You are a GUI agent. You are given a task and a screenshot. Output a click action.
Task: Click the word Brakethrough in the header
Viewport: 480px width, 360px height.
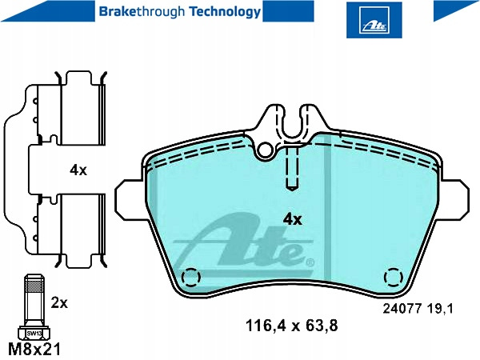click(142, 12)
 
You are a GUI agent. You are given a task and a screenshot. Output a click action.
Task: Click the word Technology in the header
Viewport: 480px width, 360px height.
click(225, 12)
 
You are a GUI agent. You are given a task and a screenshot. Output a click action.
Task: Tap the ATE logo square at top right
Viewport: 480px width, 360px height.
click(374, 20)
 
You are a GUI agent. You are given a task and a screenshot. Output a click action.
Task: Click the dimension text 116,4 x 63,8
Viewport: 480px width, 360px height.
click(292, 326)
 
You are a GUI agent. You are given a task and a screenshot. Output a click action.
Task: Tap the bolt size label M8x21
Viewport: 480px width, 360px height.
click(34, 349)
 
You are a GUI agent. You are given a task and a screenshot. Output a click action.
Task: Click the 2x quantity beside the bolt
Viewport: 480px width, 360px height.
click(59, 303)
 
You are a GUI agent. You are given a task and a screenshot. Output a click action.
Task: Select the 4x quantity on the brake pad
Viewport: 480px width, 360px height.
click(292, 219)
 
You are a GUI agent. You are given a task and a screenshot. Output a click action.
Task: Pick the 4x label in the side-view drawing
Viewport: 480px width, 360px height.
click(78, 170)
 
